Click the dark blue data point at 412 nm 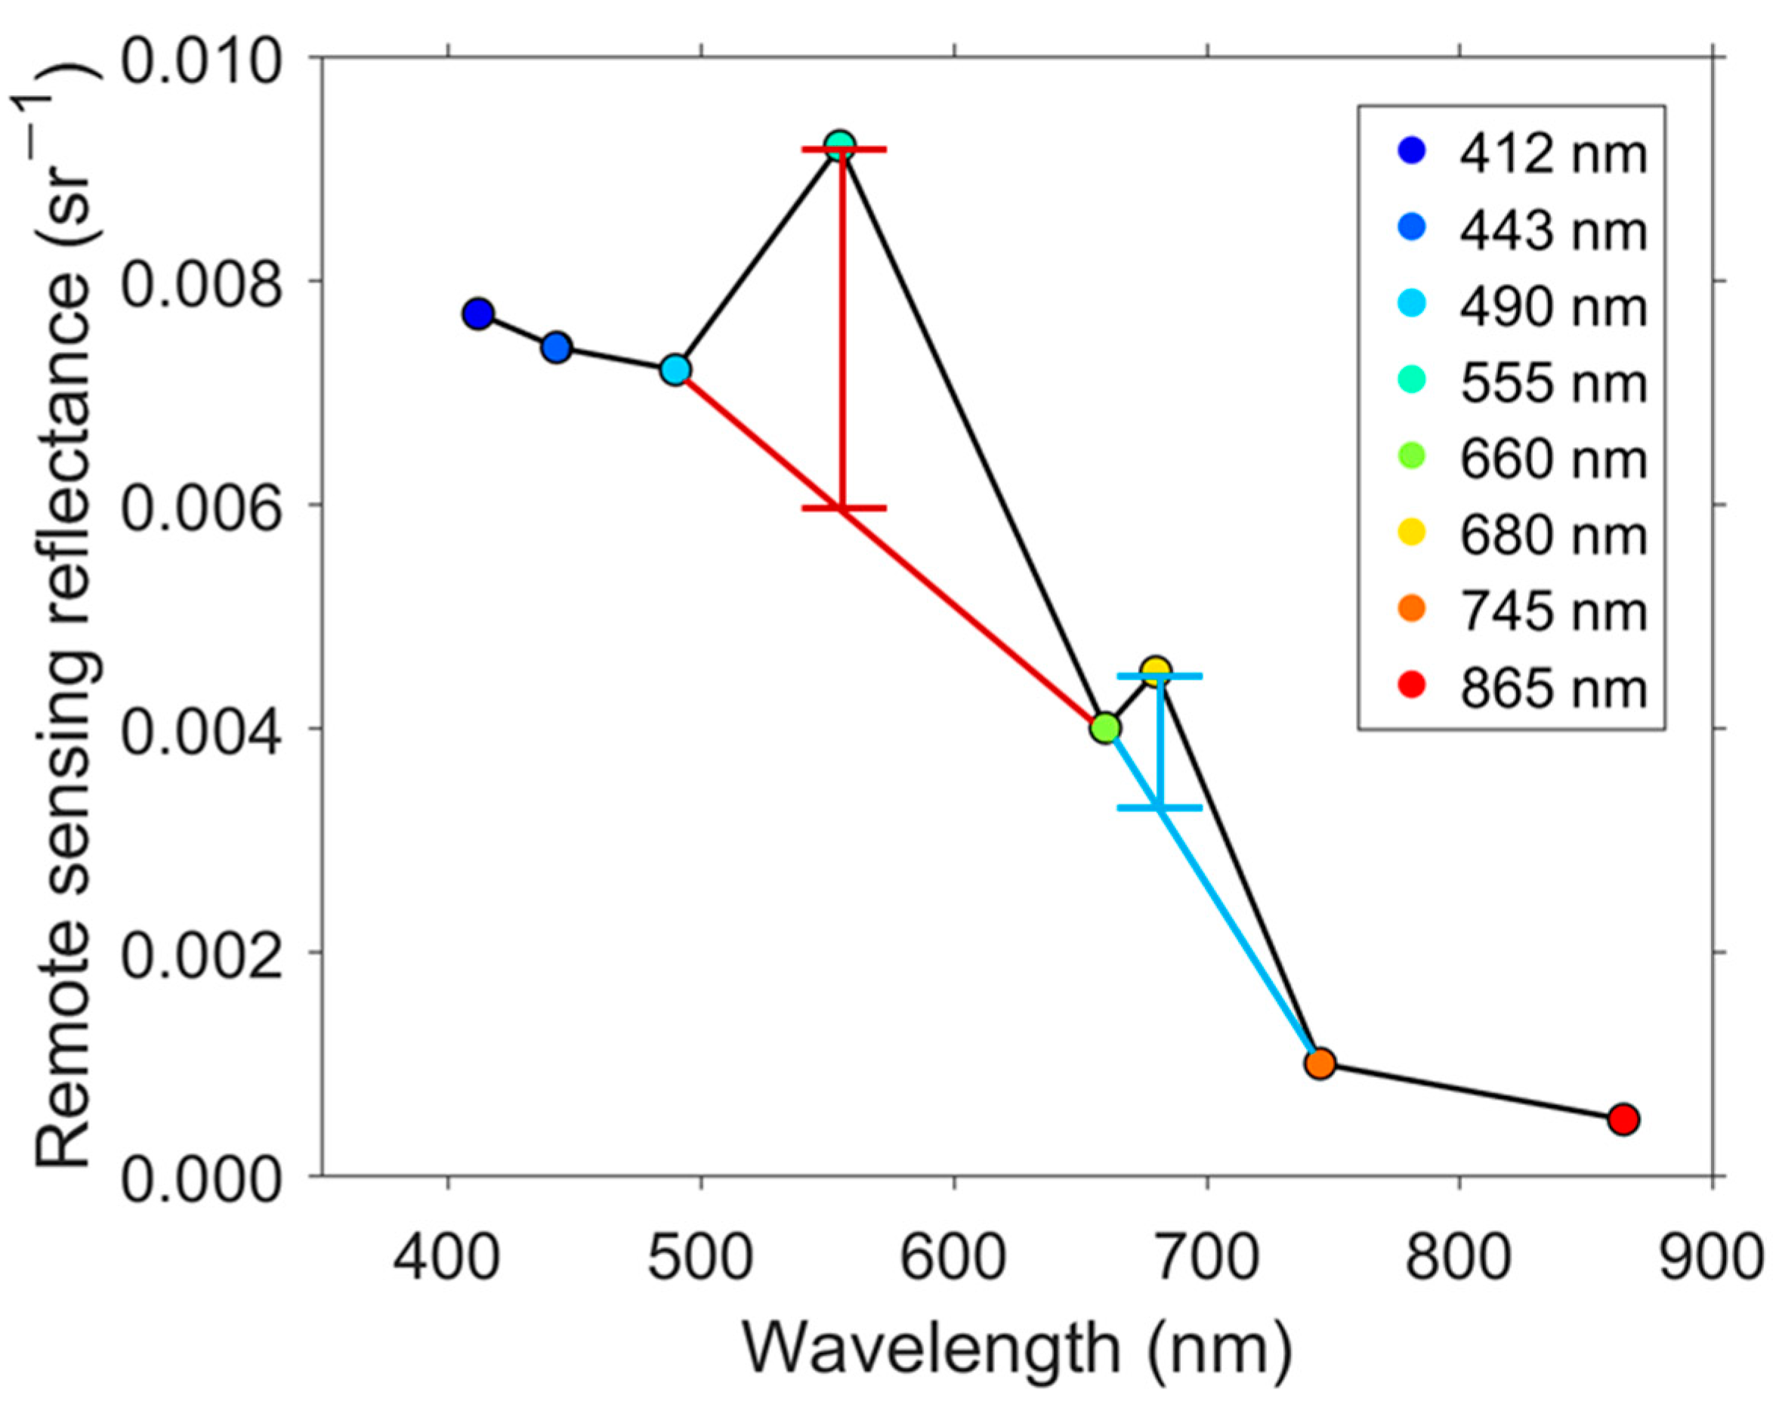[x=477, y=313]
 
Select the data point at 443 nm [x=557, y=347]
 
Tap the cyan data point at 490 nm [x=676, y=369]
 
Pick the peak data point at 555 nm [x=840, y=146]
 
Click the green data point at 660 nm [x=1106, y=727]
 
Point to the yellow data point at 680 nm [x=1156, y=670]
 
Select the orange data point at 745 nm [x=1320, y=1064]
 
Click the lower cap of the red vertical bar [x=843, y=508]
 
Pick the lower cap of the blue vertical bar [x=1160, y=807]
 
